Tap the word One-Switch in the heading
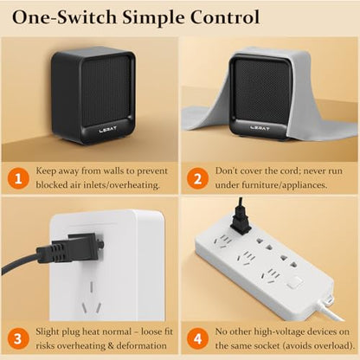pos(64,17)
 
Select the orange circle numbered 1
pos(18,178)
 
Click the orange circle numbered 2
pos(197,178)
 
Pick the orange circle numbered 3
pos(18,338)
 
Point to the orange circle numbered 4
pos(197,338)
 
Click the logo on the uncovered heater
pos(107,129)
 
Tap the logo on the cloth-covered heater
pos(260,127)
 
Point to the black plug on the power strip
pos(240,221)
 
